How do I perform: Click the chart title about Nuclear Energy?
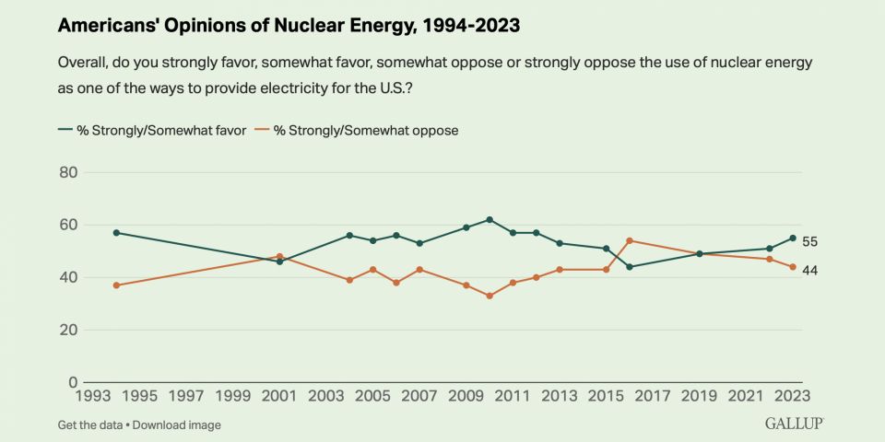pyautogui.click(x=289, y=26)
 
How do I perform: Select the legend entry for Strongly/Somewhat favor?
pyautogui.click(x=152, y=130)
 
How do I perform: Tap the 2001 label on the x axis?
pyautogui.click(x=280, y=397)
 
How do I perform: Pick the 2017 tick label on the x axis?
pyautogui.click(x=653, y=397)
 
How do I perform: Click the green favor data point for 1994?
pyautogui.click(x=117, y=233)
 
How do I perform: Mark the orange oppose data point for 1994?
pyautogui.click(x=117, y=285)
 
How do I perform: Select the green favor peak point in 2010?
pyautogui.click(x=490, y=219)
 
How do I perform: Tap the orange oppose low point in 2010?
pyautogui.click(x=490, y=296)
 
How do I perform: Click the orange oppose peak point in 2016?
pyautogui.click(x=630, y=240)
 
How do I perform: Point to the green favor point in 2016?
pyautogui.click(x=630, y=267)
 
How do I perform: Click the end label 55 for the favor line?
pyautogui.click(x=809, y=242)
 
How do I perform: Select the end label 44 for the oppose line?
pyautogui.click(x=809, y=270)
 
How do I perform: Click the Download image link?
pyautogui.click(x=180, y=425)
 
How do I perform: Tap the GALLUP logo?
pyautogui.click(x=794, y=423)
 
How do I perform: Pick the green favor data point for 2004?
pyautogui.click(x=349, y=236)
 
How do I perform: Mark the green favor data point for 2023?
pyautogui.click(x=792, y=238)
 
